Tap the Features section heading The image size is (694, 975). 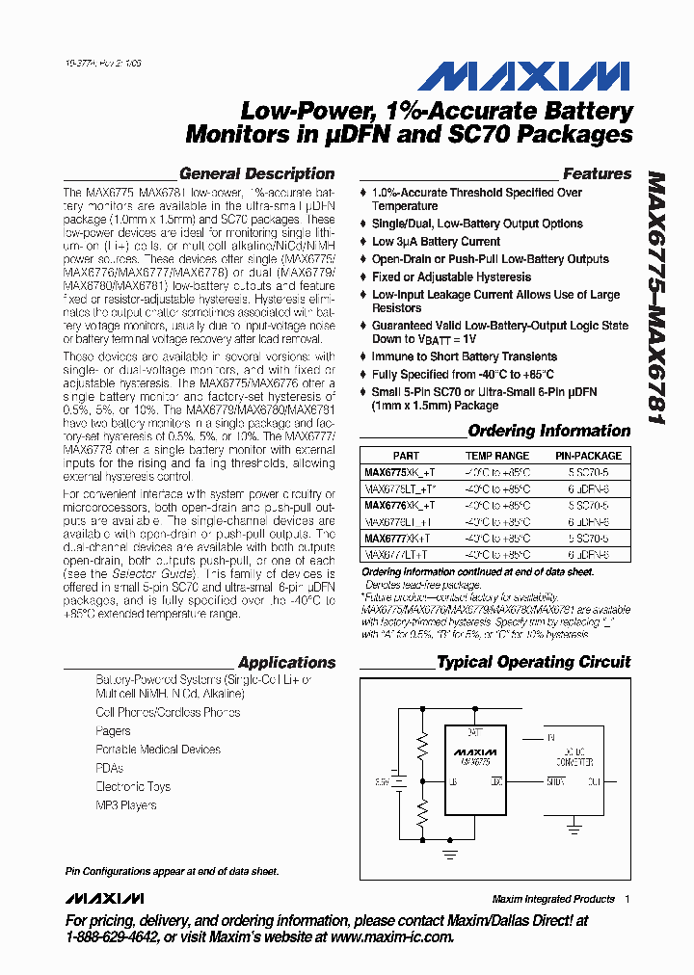click(x=597, y=174)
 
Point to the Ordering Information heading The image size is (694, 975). click(x=548, y=431)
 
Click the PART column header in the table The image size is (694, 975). click(x=406, y=456)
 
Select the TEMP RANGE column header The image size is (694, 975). click(x=497, y=456)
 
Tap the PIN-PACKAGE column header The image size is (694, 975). click(x=588, y=456)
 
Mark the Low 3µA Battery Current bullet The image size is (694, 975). click(x=436, y=242)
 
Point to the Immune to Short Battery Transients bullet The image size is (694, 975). click(x=464, y=356)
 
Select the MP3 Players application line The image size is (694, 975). click(x=125, y=804)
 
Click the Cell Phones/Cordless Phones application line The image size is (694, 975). click(x=168, y=712)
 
